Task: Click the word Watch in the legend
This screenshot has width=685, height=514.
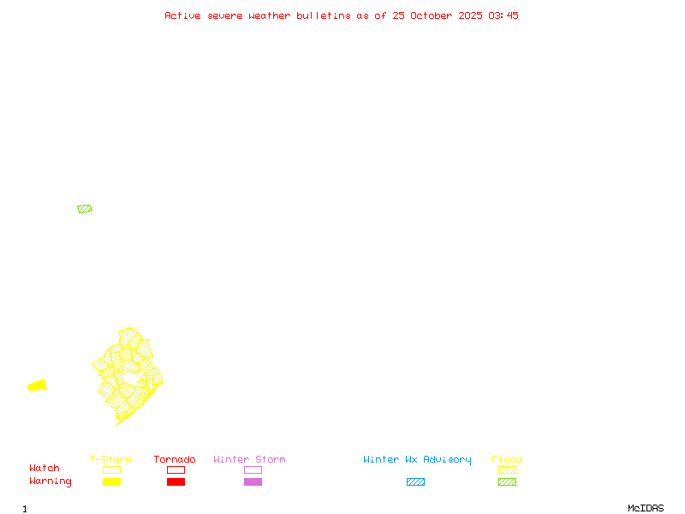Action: click(x=45, y=469)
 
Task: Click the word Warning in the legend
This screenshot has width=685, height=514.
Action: click(x=51, y=481)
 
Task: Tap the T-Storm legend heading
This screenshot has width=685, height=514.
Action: click(x=110, y=460)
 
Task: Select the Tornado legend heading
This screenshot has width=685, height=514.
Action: click(x=175, y=460)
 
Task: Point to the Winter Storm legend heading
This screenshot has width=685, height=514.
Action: click(x=249, y=460)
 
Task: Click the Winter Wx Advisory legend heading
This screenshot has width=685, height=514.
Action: click(x=417, y=460)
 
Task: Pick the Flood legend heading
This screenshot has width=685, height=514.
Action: click(x=507, y=460)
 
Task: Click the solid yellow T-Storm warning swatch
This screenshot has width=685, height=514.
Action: click(x=111, y=482)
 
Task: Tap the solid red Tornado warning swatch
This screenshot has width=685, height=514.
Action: click(x=176, y=482)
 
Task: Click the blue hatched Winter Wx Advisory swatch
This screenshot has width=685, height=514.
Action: click(x=415, y=482)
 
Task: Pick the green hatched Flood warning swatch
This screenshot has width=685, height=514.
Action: click(x=507, y=482)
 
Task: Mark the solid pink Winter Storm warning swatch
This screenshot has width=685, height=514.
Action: click(x=253, y=482)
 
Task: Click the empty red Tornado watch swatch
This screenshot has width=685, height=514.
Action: click(x=176, y=469)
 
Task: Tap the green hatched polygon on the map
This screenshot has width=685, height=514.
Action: click(x=84, y=209)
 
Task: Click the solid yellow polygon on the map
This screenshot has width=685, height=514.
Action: click(x=38, y=385)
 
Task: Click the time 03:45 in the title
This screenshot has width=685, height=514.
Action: click(x=503, y=15)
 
